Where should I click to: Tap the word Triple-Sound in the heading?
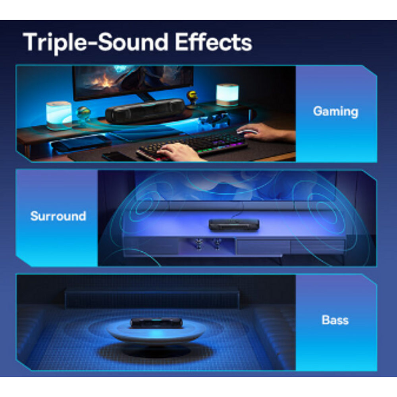click(x=92, y=42)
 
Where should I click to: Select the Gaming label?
click(x=335, y=112)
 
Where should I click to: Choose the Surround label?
click(x=58, y=216)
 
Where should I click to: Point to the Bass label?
click(x=335, y=320)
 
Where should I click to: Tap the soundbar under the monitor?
click(x=145, y=111)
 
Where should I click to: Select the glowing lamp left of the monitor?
click(x=59, y=115)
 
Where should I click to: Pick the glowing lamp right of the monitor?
click(x=227, y=94)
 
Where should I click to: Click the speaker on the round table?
click(x=156, y=322)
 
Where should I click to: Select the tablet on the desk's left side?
click(x=81, y=141)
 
